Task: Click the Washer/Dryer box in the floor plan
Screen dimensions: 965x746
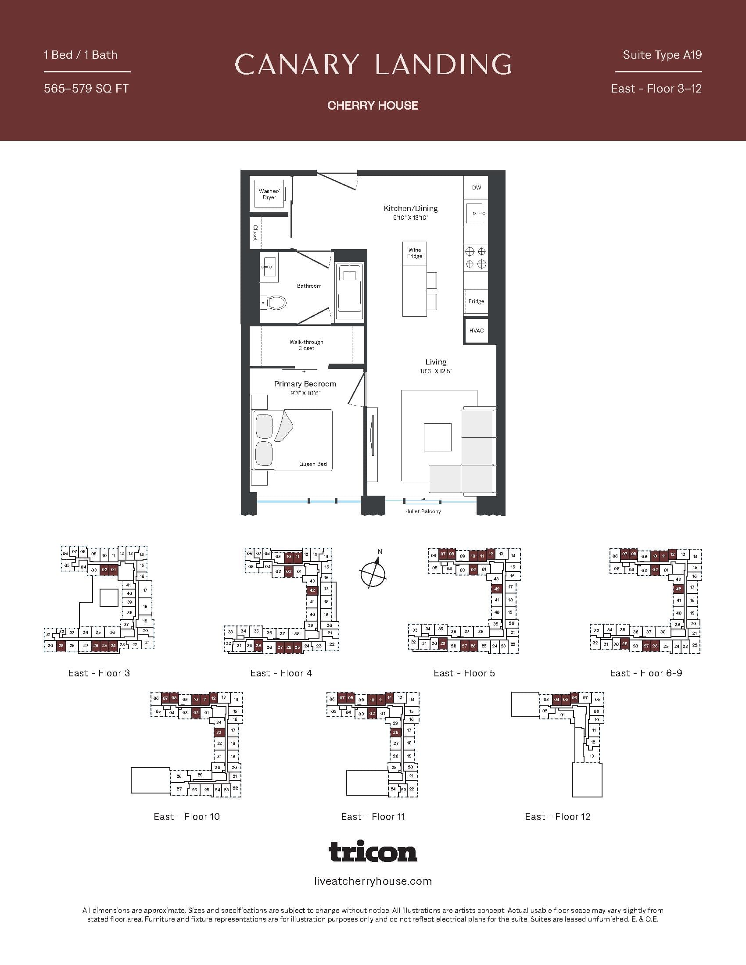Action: coord(269,194)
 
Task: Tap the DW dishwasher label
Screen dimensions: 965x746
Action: coord(476,187)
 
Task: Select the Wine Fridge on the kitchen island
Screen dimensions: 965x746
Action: coord(415,253)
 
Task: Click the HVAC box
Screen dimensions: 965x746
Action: coord(477,330)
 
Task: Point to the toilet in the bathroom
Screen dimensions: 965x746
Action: coord(275,303)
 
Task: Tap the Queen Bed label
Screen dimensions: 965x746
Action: coord(313,464)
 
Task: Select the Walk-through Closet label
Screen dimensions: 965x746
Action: coord(306,345)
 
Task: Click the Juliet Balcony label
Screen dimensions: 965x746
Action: coord(423,511)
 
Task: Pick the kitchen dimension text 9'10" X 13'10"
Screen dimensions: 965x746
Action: coord(411,218)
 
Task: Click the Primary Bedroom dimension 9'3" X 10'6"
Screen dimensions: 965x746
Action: coord(305,393)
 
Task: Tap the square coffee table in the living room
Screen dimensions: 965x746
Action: coord(438,437)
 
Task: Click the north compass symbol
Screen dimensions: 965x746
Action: coord(373,574)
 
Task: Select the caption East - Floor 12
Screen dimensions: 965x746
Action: coord(557,817)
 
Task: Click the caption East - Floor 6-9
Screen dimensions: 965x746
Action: coord(646,673)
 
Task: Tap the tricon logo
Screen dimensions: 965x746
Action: coord(373,851)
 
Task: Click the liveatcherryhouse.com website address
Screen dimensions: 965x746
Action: coord(373,881)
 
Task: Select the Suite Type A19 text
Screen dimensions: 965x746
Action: coord(662,55)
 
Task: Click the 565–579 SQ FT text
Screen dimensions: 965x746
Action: coord(86,89)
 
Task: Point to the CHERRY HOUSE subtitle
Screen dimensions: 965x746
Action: coord(373,105)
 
